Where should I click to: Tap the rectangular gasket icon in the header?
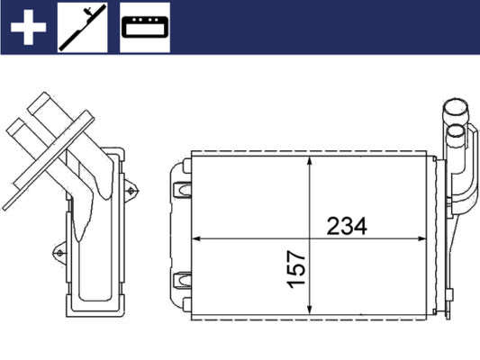coord(144,30)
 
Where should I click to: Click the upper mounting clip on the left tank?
coord(181,189)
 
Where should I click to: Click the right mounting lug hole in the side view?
coord(134,190)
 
